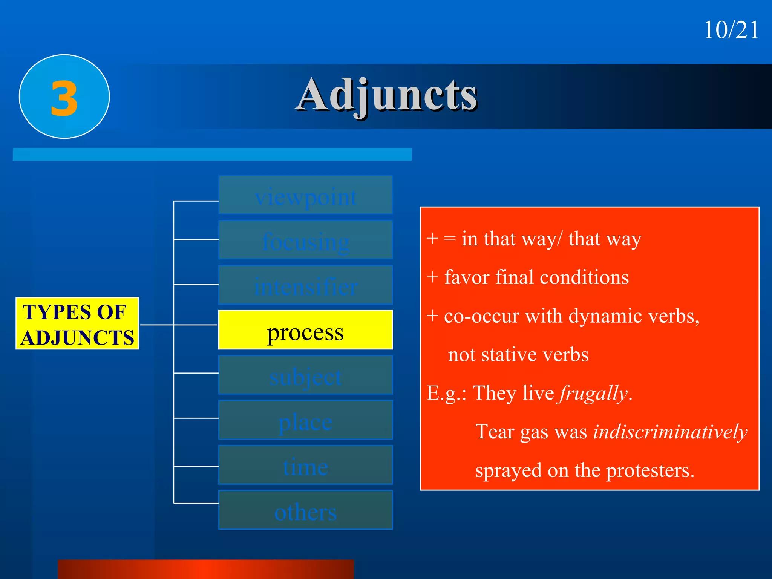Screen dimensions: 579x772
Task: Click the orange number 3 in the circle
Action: [x=64, y=99]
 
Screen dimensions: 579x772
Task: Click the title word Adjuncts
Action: [x=387, y=95]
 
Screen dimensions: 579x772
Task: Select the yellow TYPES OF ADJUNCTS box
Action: [x=77, y=324]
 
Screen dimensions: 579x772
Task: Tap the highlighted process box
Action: [x=305, y=330]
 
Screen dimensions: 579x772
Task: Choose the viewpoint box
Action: [x=305, y=195]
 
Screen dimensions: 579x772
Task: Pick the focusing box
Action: [x=305, y=240]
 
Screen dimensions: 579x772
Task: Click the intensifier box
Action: [x=305, y=285]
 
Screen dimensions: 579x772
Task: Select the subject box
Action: [x=305, y=375]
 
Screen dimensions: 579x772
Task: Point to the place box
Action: [x=305, y=420]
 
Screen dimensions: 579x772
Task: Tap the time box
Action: [x=305, y=465]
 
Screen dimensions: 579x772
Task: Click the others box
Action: [x=305, y=510]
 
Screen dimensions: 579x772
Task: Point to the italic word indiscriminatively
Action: [x=670, y=432]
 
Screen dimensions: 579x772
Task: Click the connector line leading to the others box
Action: [x=196, y=503]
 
